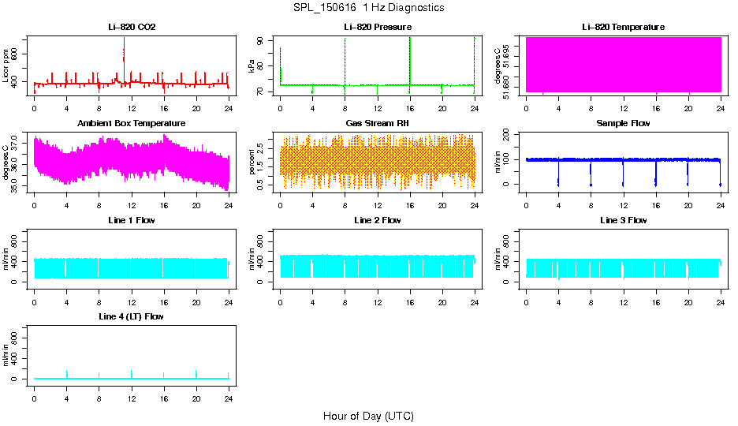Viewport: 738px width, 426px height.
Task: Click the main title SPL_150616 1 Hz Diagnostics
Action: point(368,8)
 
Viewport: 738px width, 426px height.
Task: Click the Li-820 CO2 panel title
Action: point(131,27)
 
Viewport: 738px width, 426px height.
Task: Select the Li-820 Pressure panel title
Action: point(377,27)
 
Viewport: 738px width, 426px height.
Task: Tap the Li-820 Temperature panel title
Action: point(623,27)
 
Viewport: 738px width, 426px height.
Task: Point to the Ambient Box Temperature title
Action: point(131,123)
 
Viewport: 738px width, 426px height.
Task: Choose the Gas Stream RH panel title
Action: point(377,123)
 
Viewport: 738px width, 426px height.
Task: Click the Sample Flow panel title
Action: point(623,123)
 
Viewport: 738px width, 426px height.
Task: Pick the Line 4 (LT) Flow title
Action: point(131,316)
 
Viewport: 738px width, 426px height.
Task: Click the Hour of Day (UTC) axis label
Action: point(368,416)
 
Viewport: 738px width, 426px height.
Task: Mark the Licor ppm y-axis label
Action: point(6,65)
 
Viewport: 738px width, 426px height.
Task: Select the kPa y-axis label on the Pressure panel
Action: point(252,66)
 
